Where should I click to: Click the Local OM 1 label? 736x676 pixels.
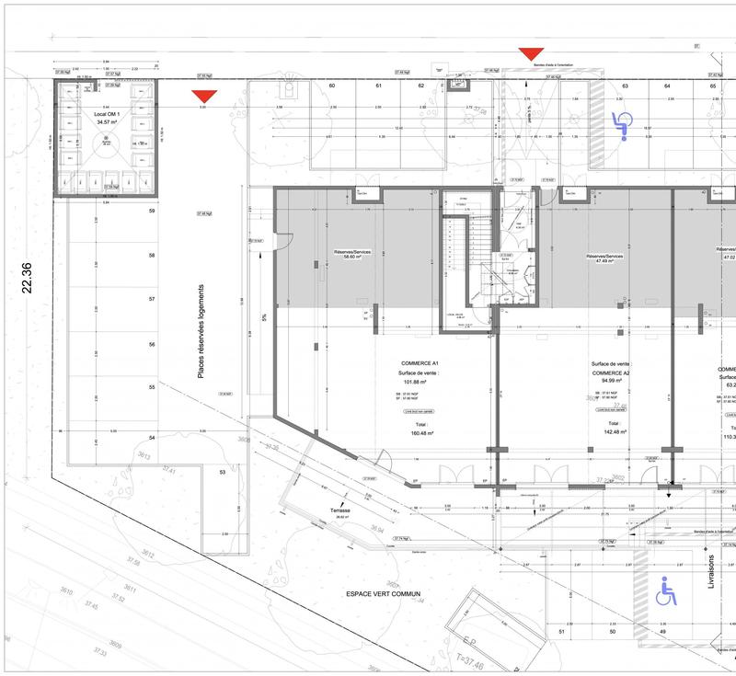109,115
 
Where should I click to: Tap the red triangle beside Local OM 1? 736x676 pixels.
204,97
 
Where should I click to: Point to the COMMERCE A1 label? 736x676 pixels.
418,363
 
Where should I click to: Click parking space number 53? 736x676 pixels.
222,472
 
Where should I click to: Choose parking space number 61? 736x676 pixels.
378,86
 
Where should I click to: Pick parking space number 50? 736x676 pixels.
612,632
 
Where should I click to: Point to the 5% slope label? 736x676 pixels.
265,319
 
